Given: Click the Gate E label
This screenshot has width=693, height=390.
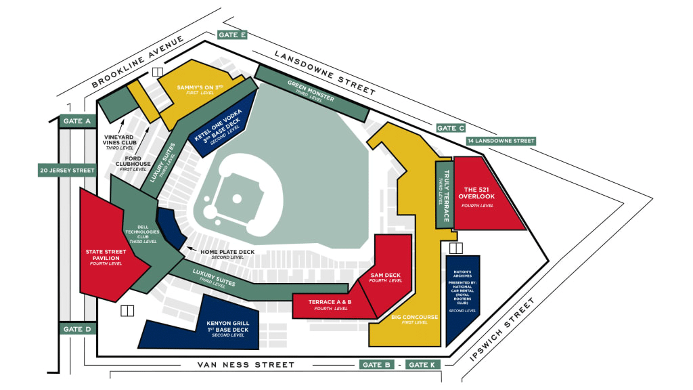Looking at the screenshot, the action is click(x=232, y=35).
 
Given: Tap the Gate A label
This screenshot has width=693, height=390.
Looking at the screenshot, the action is click(x=77, y=121).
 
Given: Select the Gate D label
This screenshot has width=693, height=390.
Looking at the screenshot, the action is click(x=77, y=329).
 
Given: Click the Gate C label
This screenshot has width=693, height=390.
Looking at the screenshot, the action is click(x=451, y=128).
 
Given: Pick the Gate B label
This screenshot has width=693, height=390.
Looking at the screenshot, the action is click(x=376, y=365).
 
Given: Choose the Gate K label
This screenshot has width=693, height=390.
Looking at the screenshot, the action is click(x=422, y=365).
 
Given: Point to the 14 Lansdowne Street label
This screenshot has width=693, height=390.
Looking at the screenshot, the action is click(x=501, y=141).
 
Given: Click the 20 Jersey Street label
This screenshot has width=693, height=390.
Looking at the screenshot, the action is click(x=67, y=170).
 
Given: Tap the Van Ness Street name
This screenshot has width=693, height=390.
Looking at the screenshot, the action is click(x=246, y=365).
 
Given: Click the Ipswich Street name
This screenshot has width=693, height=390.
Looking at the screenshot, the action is click(x=502, y=330).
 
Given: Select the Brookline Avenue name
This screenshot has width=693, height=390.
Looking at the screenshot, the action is click(x=137, y=62).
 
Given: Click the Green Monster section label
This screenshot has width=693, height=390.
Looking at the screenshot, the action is click(x=311, y=91).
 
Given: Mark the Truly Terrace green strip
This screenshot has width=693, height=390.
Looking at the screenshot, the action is click(x=444, y=194).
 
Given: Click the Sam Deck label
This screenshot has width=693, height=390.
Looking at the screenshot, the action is click(x=386, y=277).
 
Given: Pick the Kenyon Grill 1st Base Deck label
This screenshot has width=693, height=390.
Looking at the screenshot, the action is click(x=228, y=329).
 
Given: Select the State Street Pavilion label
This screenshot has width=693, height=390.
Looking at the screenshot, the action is click(x=106, y=257).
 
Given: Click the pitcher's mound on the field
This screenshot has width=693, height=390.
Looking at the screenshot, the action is click(x=237, y=199).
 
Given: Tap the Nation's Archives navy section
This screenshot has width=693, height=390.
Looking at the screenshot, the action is click(x=462, y=297).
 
